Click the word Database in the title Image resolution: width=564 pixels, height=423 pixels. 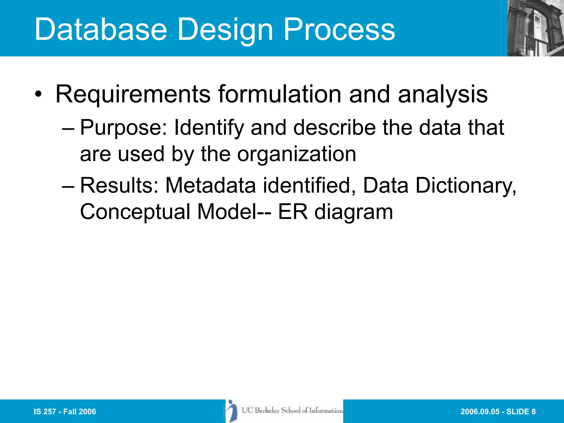[101, 29]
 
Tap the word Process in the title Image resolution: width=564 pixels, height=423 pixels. [339, 29]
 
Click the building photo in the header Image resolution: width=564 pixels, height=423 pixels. [535, 28]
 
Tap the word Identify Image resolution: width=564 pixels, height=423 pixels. [209, 128]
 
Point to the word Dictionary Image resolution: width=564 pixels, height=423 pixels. [466, 186]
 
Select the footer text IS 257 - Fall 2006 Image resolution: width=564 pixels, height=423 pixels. [65, 411]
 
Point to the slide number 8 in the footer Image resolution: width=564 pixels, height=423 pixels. [533, 411]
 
